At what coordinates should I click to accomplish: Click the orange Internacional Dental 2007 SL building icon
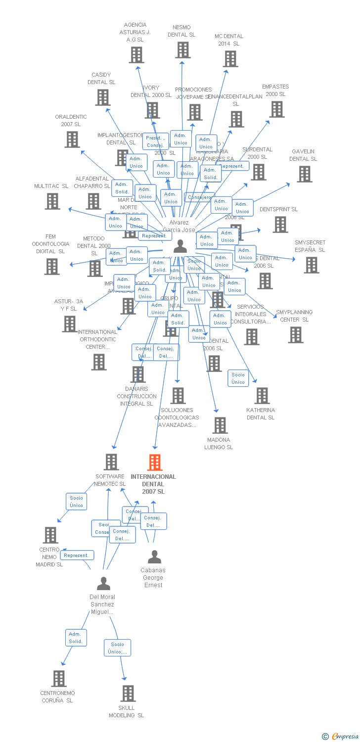click(x=155, y=462)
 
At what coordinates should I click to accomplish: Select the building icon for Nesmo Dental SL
click(x=183, y=50)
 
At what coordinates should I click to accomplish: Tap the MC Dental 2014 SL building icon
click(x=230, y=59)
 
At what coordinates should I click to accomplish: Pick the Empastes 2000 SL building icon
click(x=277, y=109)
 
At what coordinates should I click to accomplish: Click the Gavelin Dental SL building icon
click(x=305, y=174)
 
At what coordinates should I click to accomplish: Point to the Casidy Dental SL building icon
click(x=103, y=97)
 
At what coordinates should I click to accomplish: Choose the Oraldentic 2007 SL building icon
click(x=72, y=139)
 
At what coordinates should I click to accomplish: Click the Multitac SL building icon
click(x=52, y=201)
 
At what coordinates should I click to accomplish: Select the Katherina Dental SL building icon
click(x=262, y=396)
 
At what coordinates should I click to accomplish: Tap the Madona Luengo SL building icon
click(x=220, y=425)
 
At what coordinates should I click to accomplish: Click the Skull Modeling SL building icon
click(x=128, y=693)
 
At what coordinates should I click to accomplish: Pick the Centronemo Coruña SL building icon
click(x=59, y=678)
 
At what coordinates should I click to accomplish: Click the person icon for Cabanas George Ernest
click(x=154, y=557)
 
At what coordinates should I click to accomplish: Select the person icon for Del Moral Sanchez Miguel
click(x=103, y=584)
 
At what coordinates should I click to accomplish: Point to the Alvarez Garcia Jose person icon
click(x=180, y=246)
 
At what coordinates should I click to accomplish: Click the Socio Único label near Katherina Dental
click(x=238, y=378)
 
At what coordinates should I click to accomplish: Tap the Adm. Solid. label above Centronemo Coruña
click(x=76, y=638)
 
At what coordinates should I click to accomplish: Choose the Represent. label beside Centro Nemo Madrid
click(x=77, y=556)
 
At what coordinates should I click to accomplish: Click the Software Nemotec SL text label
click(x=110, y=480)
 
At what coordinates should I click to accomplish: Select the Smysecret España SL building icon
click(x=312, y=265)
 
